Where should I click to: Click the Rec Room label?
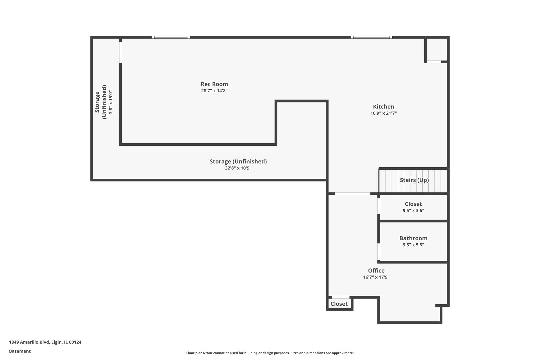(214, 84)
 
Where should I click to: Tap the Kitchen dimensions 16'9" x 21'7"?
(384, 113)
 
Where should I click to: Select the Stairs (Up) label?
(414, 180)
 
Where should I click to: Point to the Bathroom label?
(413, 238)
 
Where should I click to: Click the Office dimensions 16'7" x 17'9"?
(376, 277)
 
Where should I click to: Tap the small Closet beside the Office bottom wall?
(339, 304)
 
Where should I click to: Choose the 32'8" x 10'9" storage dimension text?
(238, 168)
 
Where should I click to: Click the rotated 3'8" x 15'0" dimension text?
(111, 102)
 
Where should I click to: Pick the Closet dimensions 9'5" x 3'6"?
(413, 211)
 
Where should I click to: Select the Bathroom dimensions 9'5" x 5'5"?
(413, 245)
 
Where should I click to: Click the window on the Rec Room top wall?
(171, 37)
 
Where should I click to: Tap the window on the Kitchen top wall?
(371, 37)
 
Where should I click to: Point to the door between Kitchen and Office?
(353, 194)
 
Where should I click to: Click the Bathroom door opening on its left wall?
(379, 252)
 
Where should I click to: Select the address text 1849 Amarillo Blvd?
(29, 342)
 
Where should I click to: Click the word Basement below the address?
(20, 351)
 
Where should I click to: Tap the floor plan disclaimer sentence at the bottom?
(270, 353)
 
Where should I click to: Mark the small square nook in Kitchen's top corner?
(437, 50)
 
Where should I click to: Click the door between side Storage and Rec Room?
(121, 52)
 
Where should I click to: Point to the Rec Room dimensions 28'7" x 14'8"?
(214, 91)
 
